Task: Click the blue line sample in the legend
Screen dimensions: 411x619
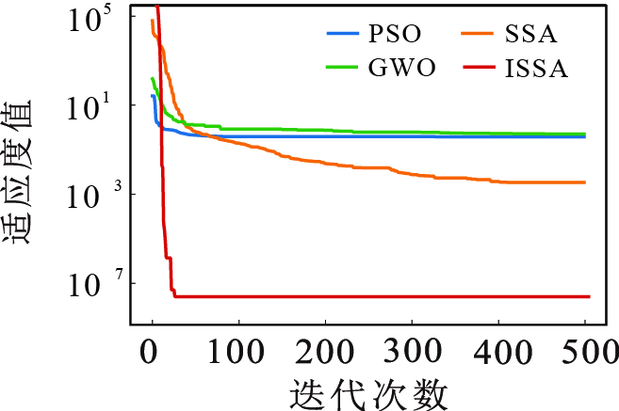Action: click(344, 36)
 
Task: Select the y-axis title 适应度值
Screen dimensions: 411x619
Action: click(21, 170)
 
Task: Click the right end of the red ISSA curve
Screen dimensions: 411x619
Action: click(588, 296)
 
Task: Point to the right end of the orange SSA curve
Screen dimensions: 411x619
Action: click(585, 182)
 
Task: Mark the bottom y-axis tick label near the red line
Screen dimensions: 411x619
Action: click(90, 285)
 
